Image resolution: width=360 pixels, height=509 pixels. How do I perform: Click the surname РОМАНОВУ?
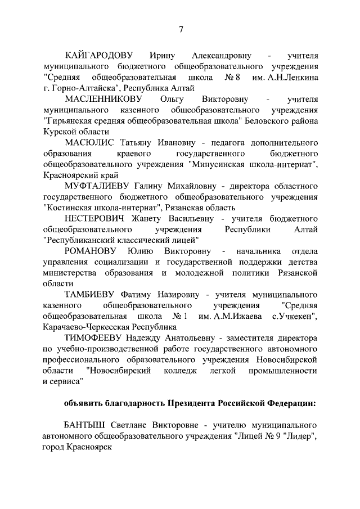[91, 250]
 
